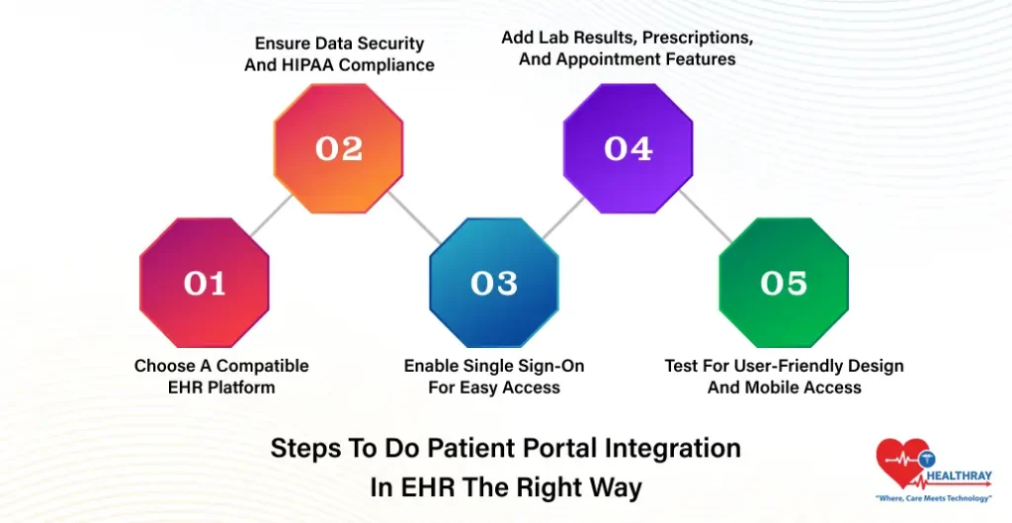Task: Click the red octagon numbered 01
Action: click(x=204, y=284)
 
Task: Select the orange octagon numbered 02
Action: click(x=339, y=148)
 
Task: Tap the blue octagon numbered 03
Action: click(x=494, y=284)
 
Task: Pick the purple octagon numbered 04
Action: click(x=629, y=148)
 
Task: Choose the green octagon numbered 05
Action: click(x=784, y=284)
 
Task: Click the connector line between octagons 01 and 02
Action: click(x=272, y=216)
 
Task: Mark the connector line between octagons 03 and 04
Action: click(x=561, y=216)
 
